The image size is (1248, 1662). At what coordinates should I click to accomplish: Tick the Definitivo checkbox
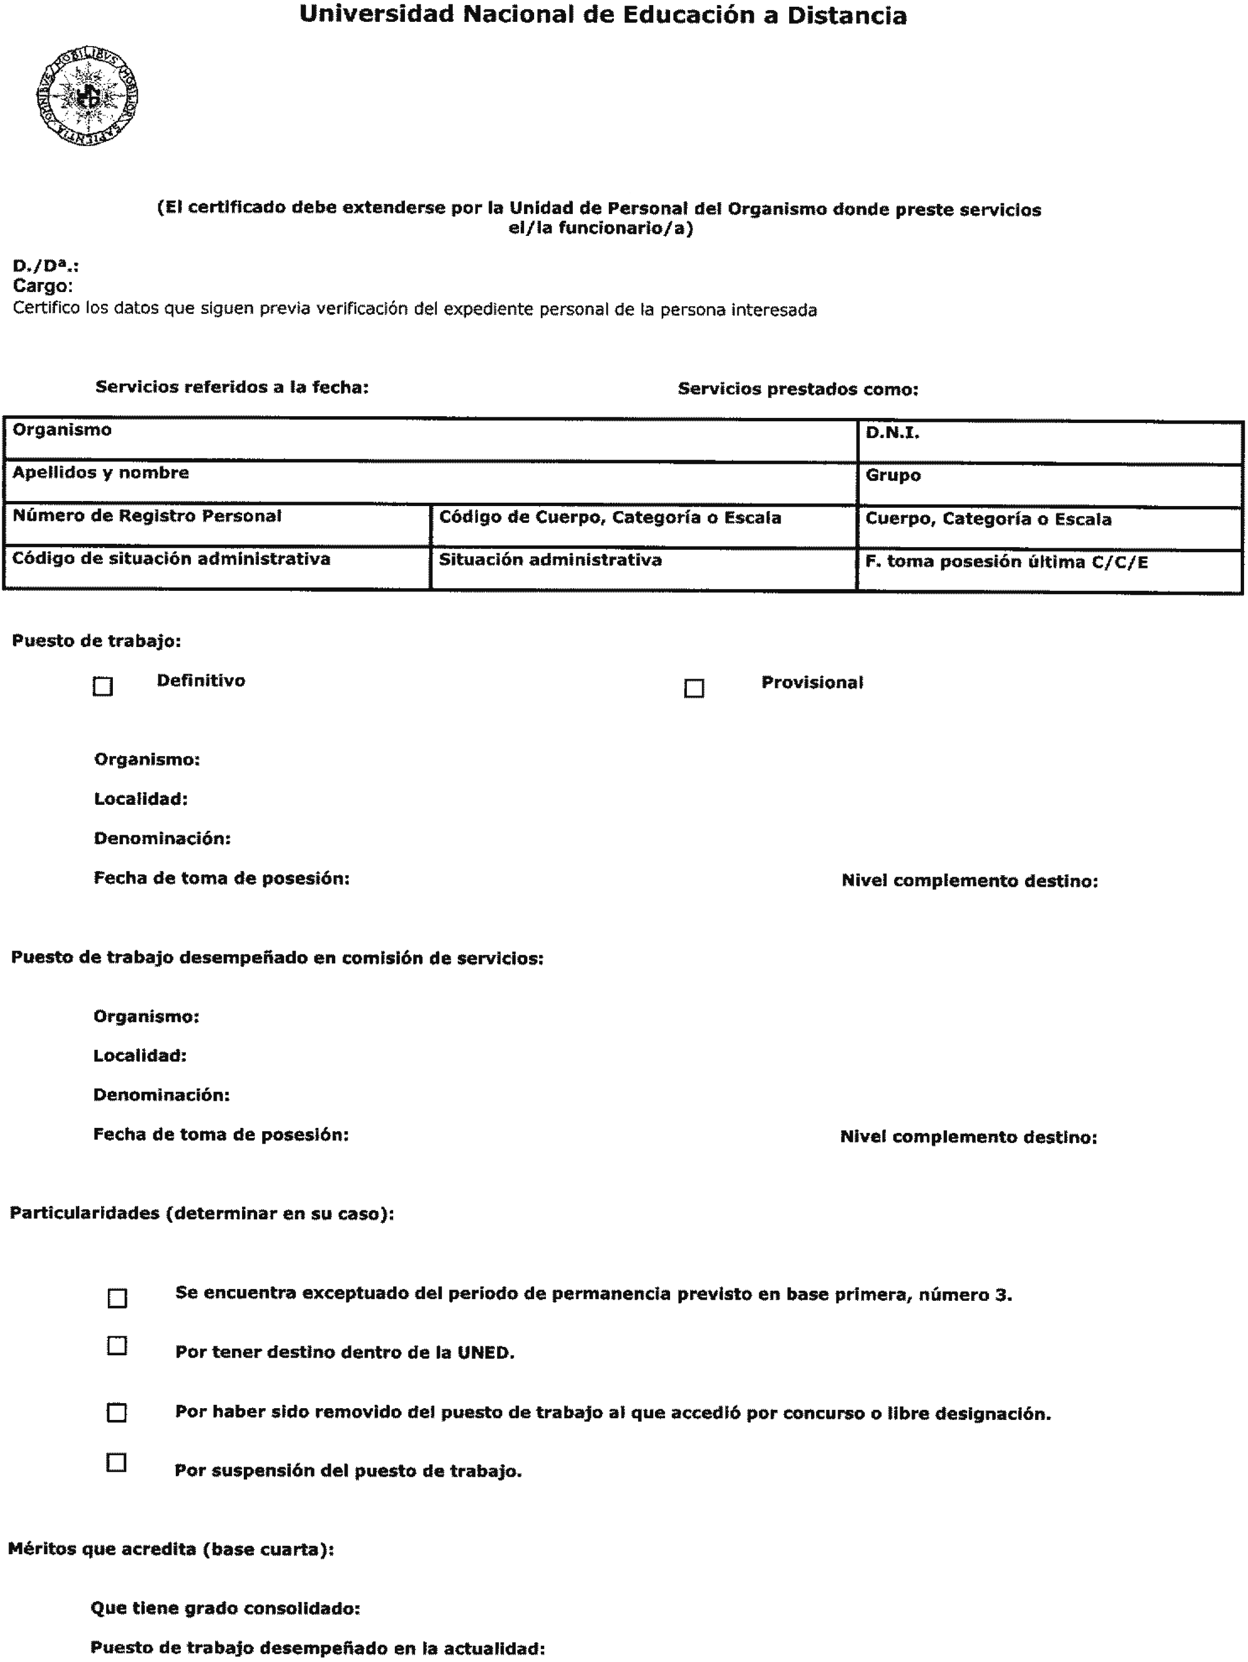coord(103,686)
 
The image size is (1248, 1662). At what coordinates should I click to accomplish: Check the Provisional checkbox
coord(694,688)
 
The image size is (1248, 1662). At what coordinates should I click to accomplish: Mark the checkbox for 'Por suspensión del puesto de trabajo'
coord(116,1462)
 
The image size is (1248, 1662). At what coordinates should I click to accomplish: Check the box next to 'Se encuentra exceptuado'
coord(117,1299)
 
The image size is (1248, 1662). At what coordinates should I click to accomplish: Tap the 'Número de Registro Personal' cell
coord(217,525)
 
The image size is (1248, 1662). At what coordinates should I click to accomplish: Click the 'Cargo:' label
coord(43,286)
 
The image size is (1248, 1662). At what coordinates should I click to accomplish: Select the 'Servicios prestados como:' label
coord(798,389)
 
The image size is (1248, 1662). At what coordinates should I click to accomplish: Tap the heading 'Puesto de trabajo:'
coord(96,641)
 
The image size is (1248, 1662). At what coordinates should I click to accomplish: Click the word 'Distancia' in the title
coord(847,16)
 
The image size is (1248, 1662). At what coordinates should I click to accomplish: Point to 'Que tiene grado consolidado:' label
coord(225,1608)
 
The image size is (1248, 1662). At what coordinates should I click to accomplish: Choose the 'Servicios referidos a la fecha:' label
coord(231,387)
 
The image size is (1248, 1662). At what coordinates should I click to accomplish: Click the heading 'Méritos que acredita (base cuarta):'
coord(171,1549)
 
